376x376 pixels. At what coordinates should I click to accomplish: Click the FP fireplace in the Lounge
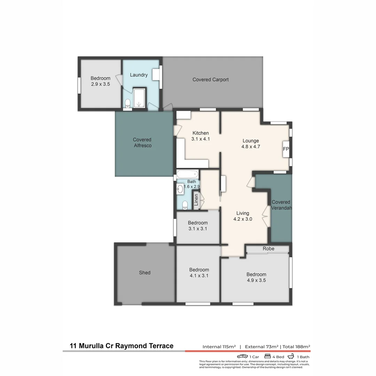[286, 149]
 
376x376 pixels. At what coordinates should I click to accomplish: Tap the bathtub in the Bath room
[187, 174]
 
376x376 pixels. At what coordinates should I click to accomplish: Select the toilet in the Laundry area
[127, 103]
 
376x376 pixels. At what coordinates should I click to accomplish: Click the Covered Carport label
[211, 80]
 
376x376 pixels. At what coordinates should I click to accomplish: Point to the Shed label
[144, 273]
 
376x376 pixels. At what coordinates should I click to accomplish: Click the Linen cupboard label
[196, 201]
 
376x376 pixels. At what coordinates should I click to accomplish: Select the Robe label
[268, 249]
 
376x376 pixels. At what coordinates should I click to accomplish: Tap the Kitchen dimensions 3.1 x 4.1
[201, 139]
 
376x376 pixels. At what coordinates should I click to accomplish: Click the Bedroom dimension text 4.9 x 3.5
[256, 280]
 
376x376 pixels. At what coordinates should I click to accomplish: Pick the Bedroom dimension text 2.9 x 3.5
[100, 84]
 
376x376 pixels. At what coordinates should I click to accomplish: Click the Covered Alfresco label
[142, 143]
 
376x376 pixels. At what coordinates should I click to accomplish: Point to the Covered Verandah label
[281, 205]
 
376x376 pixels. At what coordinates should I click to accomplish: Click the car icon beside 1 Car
[242, 357]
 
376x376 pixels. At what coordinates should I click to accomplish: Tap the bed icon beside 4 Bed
[268, 357]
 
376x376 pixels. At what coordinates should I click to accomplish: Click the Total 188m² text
[296, 347]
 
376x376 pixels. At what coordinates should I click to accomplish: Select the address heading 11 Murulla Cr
[92, 346]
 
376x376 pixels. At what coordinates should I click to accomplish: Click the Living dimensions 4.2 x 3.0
[243, 219]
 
